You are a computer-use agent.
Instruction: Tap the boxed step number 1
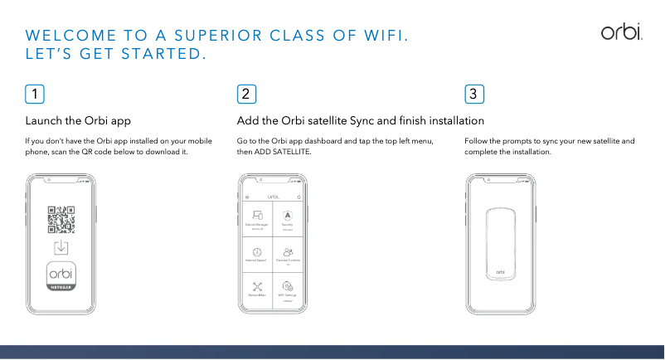[x=35, y=94]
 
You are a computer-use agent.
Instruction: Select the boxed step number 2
[x=246, y=94]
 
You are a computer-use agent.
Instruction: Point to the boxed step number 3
[x=473, y=94]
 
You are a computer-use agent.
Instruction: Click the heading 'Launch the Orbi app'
[x=79, y=121]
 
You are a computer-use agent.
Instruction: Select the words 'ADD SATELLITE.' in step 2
[x=284, y=153]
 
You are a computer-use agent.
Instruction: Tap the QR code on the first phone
[x=61, y=219]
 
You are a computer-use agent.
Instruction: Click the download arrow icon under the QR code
[x=61, y=247]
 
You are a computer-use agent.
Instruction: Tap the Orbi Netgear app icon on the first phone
[x=61, y=277]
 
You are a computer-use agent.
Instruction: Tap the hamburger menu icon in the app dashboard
[x=246, y=197]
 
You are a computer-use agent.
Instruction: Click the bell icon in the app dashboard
[x=299, y=197]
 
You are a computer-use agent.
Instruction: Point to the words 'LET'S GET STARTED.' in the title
[x=116, y=55]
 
